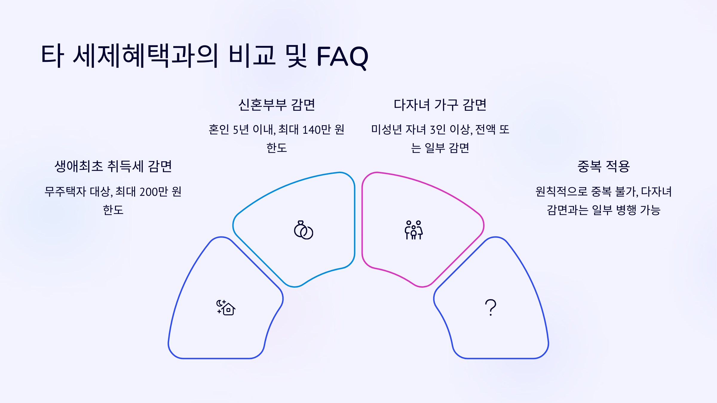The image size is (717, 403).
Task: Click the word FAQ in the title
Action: pos(342,56)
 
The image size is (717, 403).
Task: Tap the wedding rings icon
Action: pos(303,230)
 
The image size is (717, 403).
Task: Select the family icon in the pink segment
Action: pos(414,230)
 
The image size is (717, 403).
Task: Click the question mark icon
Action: pos(491,307)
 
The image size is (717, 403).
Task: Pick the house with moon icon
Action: pos(226,307)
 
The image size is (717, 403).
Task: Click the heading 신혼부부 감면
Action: pos(277,105)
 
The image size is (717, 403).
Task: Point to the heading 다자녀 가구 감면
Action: pos(440,105)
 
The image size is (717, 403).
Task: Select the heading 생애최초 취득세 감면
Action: pos(113,166)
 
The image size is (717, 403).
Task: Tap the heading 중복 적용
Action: pos(603,166)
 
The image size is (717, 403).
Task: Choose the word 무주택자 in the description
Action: pos(65,192)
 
